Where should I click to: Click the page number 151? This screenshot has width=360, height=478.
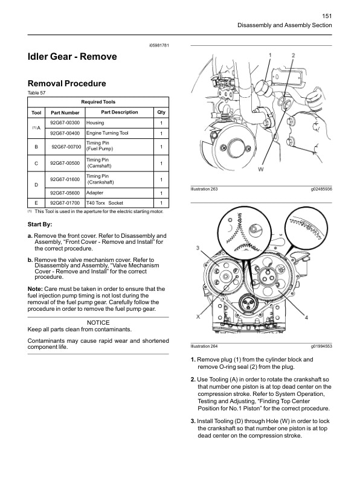click(x=326, y=15)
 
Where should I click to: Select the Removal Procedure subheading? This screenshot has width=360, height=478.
click(x=67, y=83)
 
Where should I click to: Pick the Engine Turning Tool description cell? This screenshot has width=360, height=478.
click(x=108, y=133)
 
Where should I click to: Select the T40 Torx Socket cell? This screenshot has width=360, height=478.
click(x=105, y=203)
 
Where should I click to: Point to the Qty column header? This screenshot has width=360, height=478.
click(x=161, y=112)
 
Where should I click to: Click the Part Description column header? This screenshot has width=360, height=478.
click(x=120, y=112)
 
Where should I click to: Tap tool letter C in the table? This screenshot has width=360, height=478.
click(x=36, y=163)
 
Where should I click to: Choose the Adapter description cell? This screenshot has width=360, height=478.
click(x=95, y=193)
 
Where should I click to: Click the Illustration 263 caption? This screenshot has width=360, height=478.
click(x=204, y=190)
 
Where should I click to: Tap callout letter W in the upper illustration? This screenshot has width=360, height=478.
click(x=260, y=170)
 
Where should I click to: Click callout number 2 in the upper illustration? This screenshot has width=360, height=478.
click(x=293, y=56)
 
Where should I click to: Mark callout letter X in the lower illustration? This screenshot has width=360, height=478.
click(x=199, y=316)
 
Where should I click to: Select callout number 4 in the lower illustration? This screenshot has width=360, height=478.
click(x=306, y=317)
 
